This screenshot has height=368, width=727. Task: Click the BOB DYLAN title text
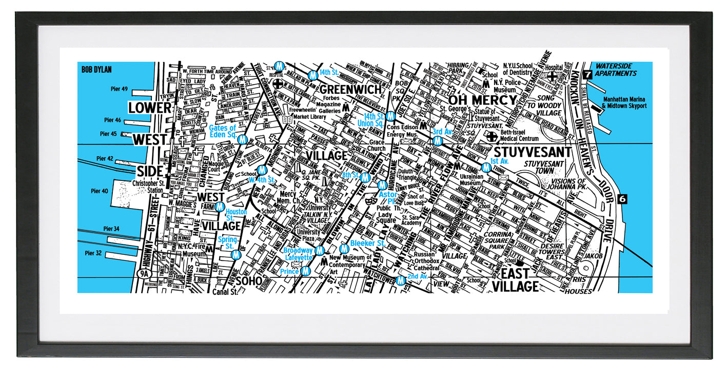coord(96,70)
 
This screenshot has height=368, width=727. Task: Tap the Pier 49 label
coord(119,89)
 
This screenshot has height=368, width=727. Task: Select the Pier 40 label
coord(100,191)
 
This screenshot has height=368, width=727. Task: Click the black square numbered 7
coord(587,74)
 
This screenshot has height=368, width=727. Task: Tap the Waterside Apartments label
coord(616,70)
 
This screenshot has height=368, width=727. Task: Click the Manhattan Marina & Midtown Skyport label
coord(624,103)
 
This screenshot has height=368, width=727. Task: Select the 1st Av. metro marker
coord(486,167)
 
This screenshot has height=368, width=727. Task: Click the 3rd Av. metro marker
coord(438,140)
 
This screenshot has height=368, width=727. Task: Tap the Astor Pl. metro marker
coord(382,186)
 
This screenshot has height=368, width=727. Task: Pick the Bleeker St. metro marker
coord(344,249)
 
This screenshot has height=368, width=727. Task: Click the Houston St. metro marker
coord(220,207)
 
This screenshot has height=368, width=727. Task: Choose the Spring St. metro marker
coord(236,254)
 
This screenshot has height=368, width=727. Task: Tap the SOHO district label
coord(249,281)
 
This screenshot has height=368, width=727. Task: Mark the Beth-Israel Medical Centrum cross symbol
coord(492,136)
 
